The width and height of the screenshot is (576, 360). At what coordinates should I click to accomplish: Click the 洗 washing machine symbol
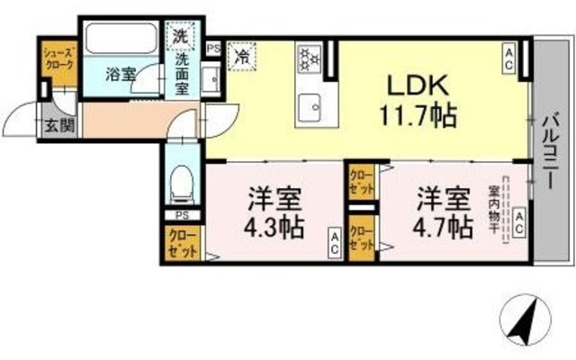click(x=181, y=39)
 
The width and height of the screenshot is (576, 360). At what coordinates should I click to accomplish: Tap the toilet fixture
click(x=182, y=185)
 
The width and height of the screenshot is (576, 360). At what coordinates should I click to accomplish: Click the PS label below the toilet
click(x=182, y=216)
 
